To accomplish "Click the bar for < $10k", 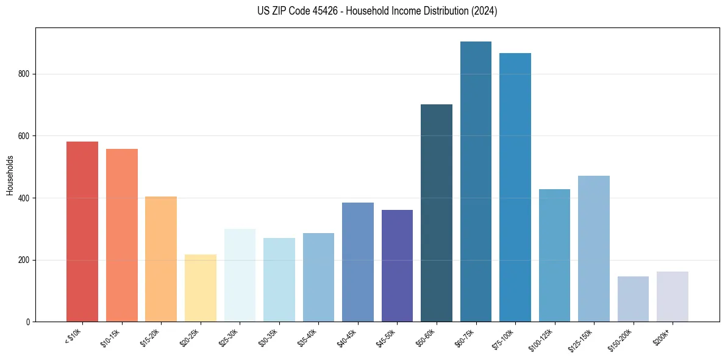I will tap(82, 232).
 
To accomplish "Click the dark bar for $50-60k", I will tap(437, 213).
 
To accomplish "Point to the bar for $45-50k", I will tap(397, 266).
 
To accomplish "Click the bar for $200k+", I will tap(673, 297).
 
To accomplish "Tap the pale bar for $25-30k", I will tap(240, 275).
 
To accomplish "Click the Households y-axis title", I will tap(10, 175).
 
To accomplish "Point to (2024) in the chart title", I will tap(484, 11).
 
